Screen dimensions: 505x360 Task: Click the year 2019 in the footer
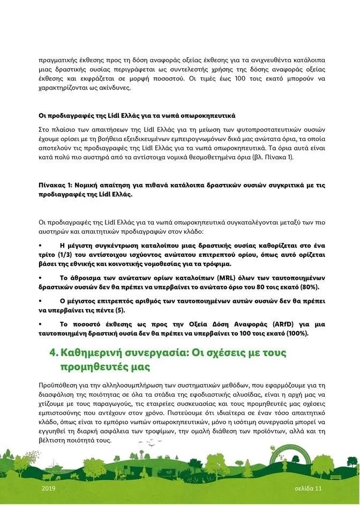48,489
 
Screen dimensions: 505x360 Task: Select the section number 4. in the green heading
54,353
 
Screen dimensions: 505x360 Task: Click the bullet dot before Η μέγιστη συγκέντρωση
41,246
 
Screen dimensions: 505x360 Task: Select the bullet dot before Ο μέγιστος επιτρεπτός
41,301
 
